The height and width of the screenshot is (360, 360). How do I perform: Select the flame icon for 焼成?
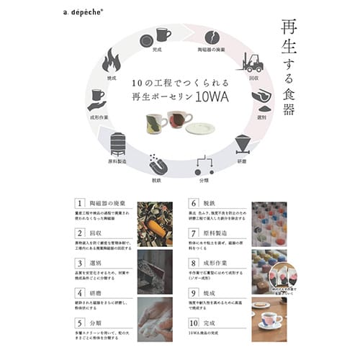(111, 61)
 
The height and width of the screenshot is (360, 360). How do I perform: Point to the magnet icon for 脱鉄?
(156, 164)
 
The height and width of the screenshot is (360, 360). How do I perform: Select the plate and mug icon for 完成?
(156, 36)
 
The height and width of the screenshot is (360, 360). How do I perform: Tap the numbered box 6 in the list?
(194, 204)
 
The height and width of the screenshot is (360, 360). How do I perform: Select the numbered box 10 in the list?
(194, 323)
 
